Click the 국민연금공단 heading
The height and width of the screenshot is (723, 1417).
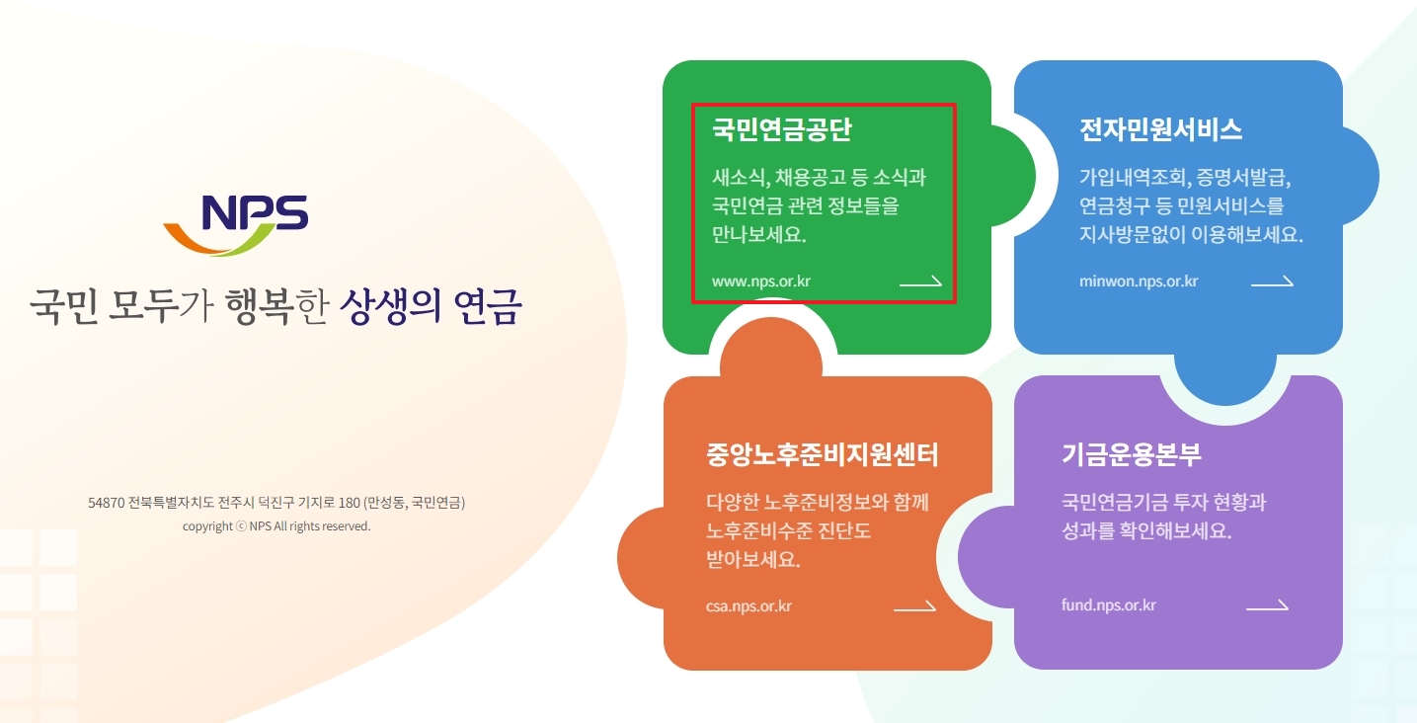[782, 130]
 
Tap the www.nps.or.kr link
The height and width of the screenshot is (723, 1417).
[761, 281]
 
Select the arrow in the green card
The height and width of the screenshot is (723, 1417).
[920, 281]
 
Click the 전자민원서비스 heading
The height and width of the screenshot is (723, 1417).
[1161, 130]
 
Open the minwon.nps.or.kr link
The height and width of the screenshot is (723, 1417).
[1139, 281]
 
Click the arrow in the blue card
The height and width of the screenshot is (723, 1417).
[1272, 281]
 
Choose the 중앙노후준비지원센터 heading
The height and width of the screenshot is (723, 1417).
[823, 455]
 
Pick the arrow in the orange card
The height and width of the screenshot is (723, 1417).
[914, 605]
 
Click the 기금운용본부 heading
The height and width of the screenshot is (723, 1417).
[1132, 455]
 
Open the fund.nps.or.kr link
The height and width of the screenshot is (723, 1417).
[1109, 605]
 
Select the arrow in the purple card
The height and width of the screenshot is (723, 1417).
[1267, 605]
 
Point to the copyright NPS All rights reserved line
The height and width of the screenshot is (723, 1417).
[276, 526]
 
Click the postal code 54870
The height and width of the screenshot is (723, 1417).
[106, 503]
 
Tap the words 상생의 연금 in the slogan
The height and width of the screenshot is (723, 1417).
[430, 307]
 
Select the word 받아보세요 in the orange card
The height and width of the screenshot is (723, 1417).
[747, 560]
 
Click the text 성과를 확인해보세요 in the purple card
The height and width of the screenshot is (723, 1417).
[1147, 530]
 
